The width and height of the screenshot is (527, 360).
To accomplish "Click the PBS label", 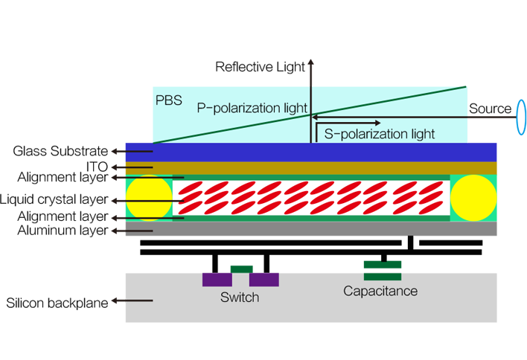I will (168, 100).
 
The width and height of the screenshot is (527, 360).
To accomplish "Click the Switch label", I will (240, 298).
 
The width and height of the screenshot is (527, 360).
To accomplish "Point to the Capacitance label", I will (380, 291).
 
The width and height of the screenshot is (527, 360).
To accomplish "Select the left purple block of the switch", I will (217, 277).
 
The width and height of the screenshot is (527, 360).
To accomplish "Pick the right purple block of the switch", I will (263, 277).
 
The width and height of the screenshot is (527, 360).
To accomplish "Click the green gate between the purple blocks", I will (240, 266).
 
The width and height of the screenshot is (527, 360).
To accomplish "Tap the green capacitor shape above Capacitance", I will (383, 264).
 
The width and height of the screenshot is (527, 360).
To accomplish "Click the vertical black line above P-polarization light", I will (310, 89).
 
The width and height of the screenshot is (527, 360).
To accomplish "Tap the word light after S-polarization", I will (420, 135).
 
